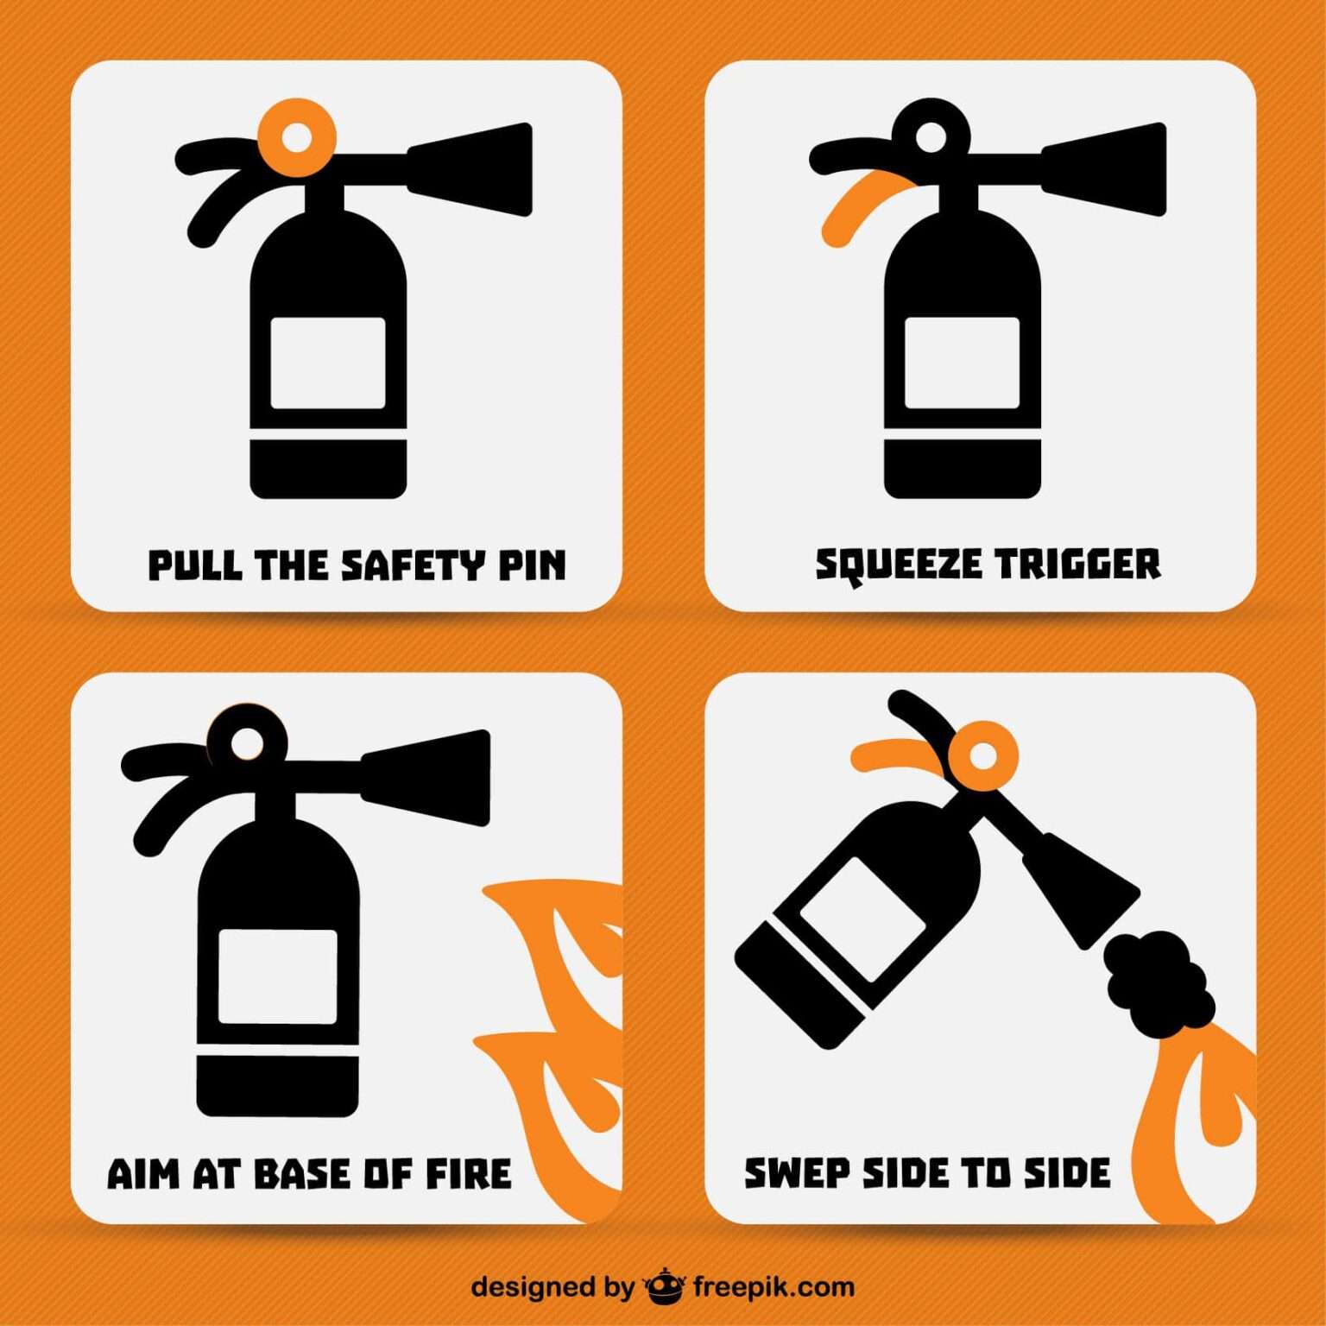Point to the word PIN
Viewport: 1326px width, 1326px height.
(532, 565)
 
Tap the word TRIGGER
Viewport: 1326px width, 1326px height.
(1078, 565)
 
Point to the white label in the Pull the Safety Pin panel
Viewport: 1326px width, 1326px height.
(328, 363)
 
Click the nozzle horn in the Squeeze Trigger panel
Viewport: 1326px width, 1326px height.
(1104, 169)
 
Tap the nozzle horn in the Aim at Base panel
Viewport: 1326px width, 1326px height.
(426, 777)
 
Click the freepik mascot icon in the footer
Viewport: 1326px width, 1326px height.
(664, 1287)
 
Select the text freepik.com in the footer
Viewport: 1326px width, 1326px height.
(773, 1288)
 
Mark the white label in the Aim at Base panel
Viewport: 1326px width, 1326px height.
(277, 976)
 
